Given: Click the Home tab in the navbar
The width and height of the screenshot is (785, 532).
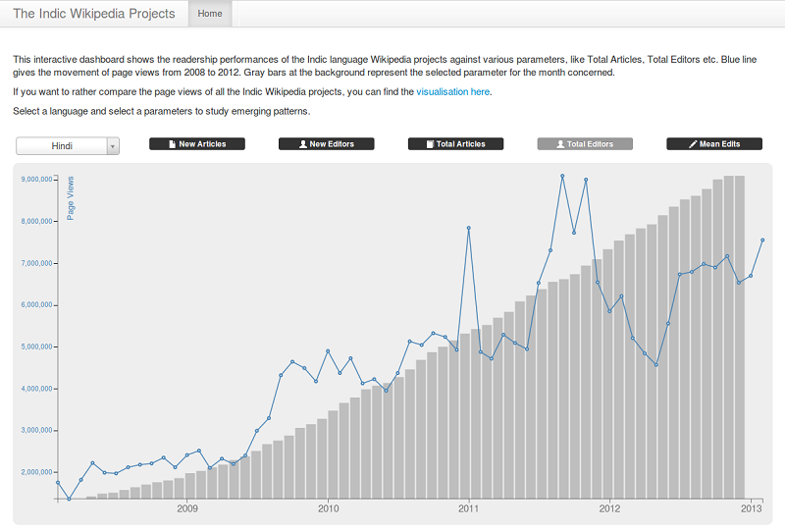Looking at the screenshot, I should pyautogui.click(x=210, y=14).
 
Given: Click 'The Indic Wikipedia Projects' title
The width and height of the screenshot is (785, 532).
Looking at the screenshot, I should pyautogui.click(x=94, y=14).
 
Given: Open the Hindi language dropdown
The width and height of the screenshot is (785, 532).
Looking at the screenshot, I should pyautogui.click(x=68, y=145).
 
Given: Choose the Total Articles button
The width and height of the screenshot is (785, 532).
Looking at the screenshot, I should pyautogui.click(x=455, y=144).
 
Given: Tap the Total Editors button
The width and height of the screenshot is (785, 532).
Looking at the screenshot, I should pyautogui.click(x=585, y=144).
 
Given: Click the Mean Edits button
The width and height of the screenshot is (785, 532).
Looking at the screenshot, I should pyautogui.click(x=714, y=144).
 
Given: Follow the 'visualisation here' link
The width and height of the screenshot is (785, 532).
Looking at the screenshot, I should pyautogui.click(x=452, y=92).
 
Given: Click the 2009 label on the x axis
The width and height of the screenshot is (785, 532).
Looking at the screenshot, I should pyautogui.click(x=187, y=508).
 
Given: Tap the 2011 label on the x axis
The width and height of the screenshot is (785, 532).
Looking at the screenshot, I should pyautogui.click(x=469, y=508).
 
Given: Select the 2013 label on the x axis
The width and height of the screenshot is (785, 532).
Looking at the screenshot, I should pyautogui.click(x=751, y=508).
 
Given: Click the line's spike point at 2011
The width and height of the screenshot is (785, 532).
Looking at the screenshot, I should pyautogui.click(x=469, y=228).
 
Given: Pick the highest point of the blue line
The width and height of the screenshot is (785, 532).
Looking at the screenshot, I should pyautogui.click(x=562, y=176).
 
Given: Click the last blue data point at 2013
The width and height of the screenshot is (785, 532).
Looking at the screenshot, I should pyautogui.click(x=762, y=239).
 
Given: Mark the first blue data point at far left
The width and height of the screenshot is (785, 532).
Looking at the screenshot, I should pyautogui.click(x=58, y=483).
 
